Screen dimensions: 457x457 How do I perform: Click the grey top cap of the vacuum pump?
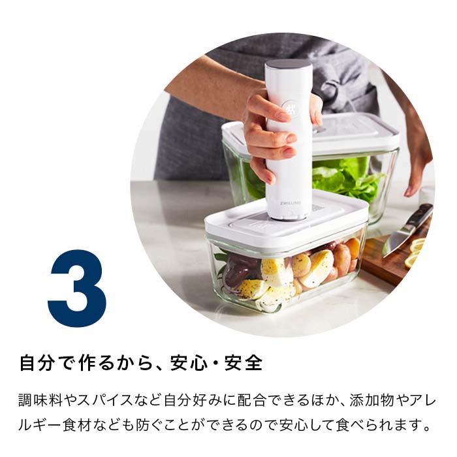click(288, 65)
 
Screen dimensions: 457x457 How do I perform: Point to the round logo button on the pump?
click(290, 108)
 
